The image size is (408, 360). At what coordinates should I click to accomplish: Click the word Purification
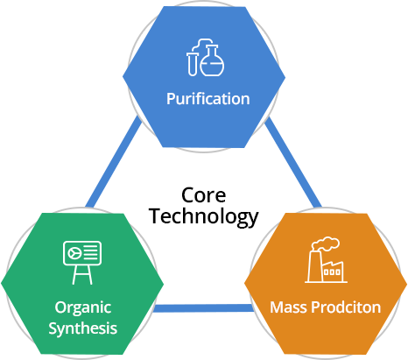point(208,99)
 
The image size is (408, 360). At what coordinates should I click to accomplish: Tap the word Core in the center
point(203,195)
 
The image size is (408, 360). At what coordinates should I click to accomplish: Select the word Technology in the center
point(203,217)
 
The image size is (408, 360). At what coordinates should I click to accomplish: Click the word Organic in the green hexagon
point(83,308)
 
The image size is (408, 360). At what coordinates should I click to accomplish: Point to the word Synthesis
point(83,328)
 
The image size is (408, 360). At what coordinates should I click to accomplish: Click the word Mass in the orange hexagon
point(288,307)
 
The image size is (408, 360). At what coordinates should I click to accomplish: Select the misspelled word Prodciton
point(346,307)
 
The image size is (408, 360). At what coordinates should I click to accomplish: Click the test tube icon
point(192,64)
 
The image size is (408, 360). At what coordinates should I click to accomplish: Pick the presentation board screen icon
point(82,253)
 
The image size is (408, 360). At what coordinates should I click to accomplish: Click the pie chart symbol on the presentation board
point(74,253)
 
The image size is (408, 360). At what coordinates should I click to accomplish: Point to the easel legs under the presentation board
point(82,275)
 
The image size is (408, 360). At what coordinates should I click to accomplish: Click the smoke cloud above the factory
point(326,244)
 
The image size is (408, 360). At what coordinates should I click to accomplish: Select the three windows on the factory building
point(332,272)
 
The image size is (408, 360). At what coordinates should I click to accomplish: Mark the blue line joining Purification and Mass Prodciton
point(293,162)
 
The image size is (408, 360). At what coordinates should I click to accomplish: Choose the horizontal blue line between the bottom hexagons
point(203,308)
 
